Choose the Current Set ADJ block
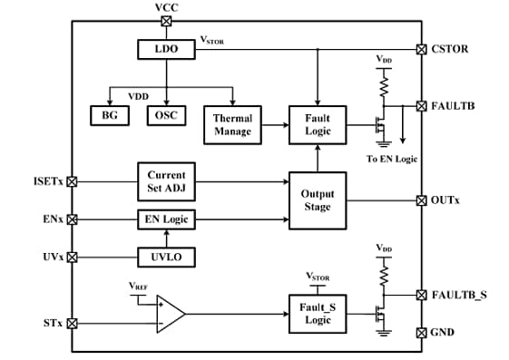166,181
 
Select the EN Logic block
166,219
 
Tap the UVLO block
166,257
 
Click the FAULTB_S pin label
458,295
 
